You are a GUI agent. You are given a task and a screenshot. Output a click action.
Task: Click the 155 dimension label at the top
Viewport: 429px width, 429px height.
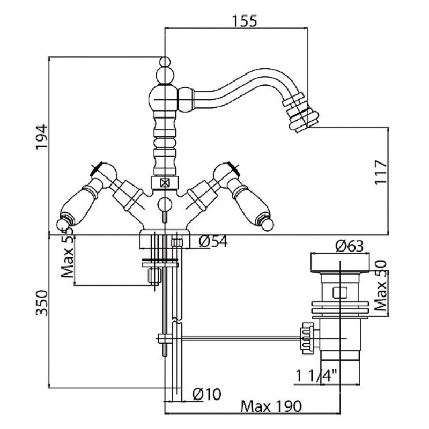pos(245,21)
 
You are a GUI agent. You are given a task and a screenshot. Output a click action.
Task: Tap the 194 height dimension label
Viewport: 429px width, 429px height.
pos(42,137)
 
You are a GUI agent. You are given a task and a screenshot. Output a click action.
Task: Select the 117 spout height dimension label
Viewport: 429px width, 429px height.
pos(381,172)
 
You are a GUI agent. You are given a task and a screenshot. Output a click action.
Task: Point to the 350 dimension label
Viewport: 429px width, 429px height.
pos(42,302)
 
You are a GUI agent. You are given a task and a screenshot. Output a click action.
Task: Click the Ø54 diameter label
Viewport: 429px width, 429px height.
pos(213,241)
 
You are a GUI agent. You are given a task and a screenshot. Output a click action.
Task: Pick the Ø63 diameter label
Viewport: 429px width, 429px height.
pos(350,246)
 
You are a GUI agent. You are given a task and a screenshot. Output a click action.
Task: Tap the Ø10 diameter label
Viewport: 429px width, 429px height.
pos(206,394)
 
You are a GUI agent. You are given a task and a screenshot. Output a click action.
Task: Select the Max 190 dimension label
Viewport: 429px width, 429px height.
pos(271,406)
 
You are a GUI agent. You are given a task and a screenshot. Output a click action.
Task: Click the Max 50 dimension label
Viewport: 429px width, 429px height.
pos(381,286)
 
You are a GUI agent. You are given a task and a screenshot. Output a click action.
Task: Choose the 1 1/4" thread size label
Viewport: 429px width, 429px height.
pos(316,375)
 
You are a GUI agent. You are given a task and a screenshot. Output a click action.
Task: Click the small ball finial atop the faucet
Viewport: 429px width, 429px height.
pos(165,62)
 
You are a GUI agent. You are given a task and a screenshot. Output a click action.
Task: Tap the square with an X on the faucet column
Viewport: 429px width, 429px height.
pos(165,182)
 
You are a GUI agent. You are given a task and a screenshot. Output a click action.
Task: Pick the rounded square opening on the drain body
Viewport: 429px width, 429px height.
pos(340,293)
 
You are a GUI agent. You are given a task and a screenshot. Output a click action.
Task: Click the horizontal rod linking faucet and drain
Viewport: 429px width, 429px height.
pos(238,339)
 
